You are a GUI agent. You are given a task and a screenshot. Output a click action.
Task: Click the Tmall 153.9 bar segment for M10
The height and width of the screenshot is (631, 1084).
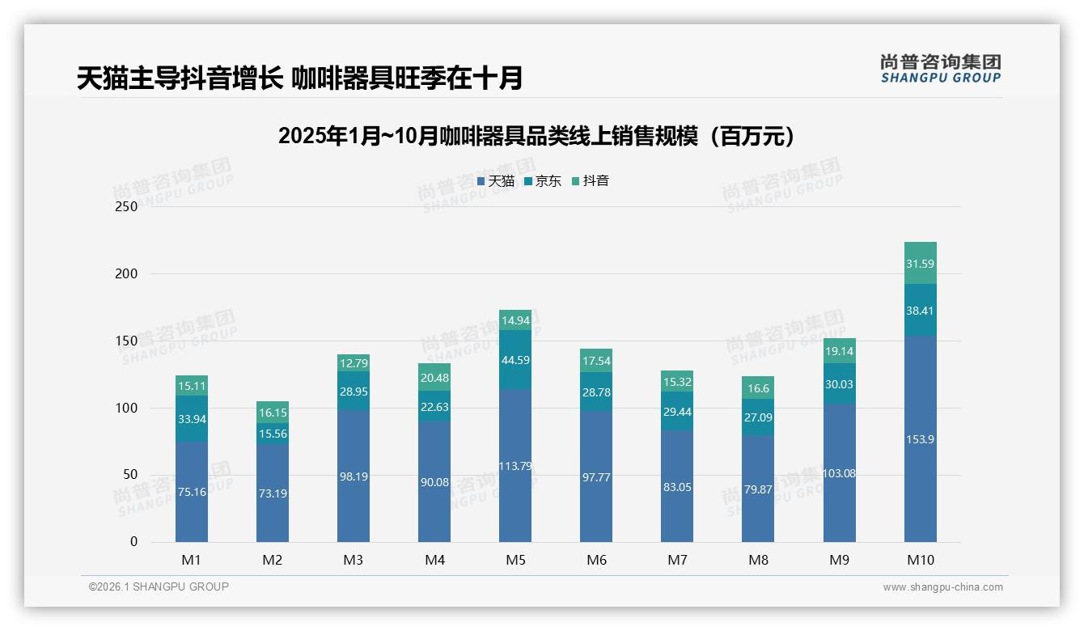point(920,439)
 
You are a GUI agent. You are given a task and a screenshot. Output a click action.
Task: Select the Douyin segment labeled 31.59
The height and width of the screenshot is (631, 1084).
point(920,264)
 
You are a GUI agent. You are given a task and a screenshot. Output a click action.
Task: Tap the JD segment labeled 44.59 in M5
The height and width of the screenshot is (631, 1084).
point(515,360)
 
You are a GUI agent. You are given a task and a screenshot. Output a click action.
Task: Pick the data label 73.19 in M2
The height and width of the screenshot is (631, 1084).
point(273,493)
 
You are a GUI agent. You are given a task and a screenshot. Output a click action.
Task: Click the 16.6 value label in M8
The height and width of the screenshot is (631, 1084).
point(758,388)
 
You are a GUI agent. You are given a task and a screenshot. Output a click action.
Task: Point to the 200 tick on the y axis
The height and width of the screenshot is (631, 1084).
point(127,273)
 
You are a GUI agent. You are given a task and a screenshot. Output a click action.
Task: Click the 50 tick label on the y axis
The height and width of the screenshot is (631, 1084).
point(129,475)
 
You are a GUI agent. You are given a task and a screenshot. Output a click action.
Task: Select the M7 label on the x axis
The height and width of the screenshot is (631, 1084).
point(677,560)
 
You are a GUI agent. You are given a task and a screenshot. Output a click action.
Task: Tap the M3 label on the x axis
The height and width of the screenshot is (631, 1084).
point(354,560)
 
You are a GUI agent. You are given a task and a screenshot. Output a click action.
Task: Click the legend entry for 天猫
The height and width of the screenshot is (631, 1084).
point(496,181)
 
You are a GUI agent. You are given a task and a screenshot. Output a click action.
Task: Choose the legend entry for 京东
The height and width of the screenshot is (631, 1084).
point(543,181)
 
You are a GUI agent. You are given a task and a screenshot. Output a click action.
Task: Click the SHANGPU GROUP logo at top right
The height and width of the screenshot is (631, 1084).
point(940,69)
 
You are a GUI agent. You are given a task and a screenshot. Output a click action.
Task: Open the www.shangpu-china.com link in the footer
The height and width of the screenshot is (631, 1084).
point(942,587)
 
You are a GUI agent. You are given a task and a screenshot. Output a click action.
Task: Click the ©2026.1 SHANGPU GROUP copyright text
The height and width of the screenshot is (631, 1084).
point(159,587)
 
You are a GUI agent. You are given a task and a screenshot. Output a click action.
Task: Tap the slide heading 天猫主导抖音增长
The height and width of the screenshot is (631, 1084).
point(299,78)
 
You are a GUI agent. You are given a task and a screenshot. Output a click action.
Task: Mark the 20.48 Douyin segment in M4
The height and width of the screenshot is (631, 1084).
point(434,378)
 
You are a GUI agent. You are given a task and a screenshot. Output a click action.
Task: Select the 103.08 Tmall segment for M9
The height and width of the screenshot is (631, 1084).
point(839,473)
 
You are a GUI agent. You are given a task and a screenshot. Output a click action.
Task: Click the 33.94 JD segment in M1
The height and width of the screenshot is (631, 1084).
point(192,419)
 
